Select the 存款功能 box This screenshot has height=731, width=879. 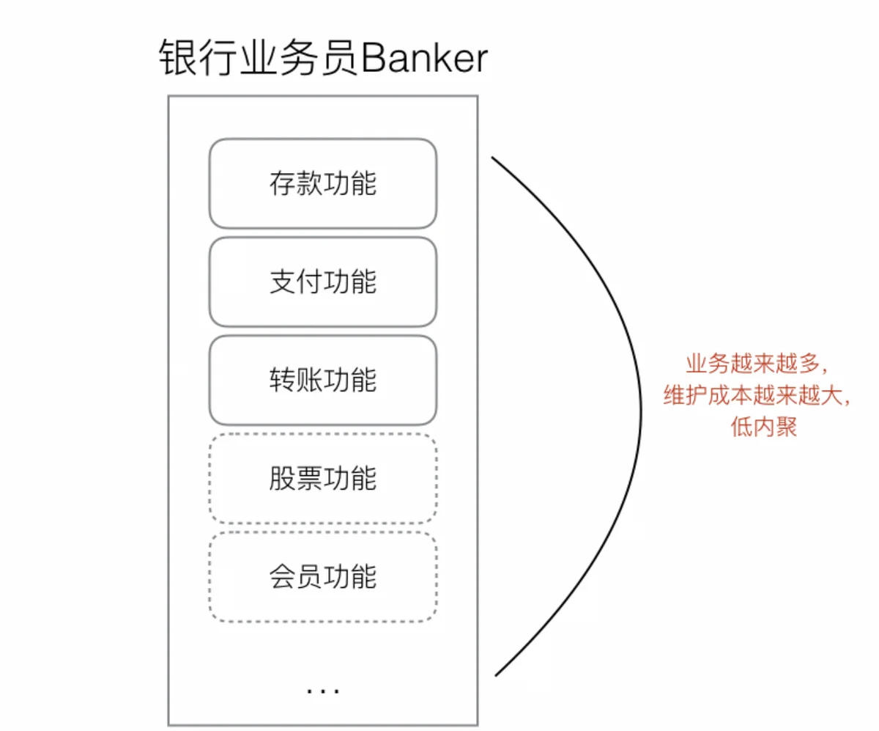pos(323,183)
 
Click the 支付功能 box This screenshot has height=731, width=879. pos(323,282)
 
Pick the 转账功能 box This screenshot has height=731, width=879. pos(323,380)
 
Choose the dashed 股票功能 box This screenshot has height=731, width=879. pos(323,478)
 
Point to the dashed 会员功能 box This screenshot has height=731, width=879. pos(323,577)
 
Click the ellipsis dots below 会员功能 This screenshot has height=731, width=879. pos(323,690)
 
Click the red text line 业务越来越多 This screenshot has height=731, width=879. pos(756,364)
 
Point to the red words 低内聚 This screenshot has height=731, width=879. pos(764,427)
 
